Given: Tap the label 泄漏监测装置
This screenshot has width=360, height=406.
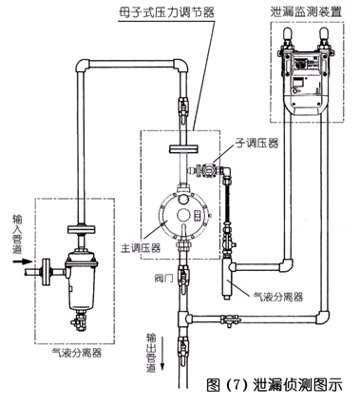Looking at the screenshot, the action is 306,11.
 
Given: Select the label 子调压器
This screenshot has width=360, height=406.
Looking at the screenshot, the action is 256,144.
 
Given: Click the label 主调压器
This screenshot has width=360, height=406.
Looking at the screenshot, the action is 141,247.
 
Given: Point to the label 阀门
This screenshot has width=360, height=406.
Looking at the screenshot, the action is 163,278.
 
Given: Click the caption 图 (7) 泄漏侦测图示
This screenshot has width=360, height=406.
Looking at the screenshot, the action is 275,385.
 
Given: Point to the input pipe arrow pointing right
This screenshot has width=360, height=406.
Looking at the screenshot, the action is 23,261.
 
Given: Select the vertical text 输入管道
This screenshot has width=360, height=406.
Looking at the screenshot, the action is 17,234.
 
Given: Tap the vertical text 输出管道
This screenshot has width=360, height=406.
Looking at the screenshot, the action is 151,353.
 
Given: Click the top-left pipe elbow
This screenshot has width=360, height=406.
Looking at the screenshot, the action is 83,66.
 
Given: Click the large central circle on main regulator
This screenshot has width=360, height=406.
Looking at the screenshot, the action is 183,216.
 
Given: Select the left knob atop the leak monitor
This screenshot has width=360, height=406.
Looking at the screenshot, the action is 288,34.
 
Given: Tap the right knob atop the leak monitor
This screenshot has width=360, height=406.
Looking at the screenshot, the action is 324,34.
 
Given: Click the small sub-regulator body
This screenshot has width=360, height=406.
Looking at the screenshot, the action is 207,169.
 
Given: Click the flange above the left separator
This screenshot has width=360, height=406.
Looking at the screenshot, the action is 81,228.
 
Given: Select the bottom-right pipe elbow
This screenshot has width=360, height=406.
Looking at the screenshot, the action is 323,318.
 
